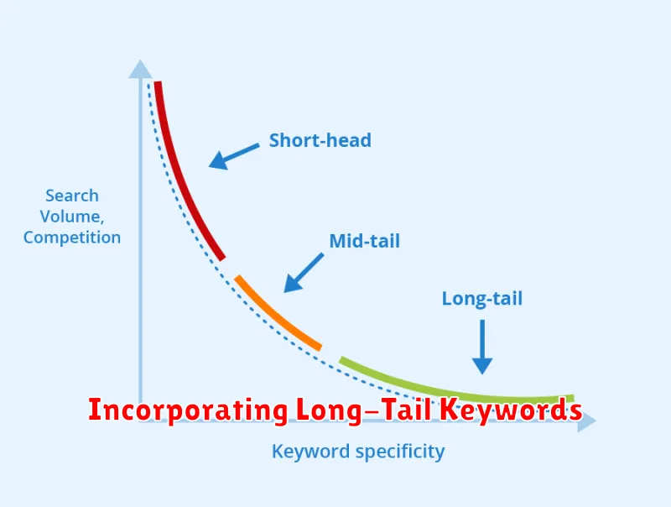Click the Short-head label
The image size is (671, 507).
pos(320,140)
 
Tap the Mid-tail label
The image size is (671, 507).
pos(365,241)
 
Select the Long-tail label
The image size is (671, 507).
pos(481,299)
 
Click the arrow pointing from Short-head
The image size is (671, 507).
pos(234,156)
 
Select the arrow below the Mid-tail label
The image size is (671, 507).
pos(304,273)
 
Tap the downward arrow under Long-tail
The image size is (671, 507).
pos(482,347)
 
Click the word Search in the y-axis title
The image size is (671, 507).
pos(72,196)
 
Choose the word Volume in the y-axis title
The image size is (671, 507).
pos(70,217)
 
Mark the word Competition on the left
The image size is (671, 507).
pos(72,238)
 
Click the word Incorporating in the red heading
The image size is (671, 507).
pos(188,410)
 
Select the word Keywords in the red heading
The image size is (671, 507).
pos(511,410)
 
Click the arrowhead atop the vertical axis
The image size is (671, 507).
pos(140,69)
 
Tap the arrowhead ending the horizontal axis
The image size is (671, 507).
pos(586,421)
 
